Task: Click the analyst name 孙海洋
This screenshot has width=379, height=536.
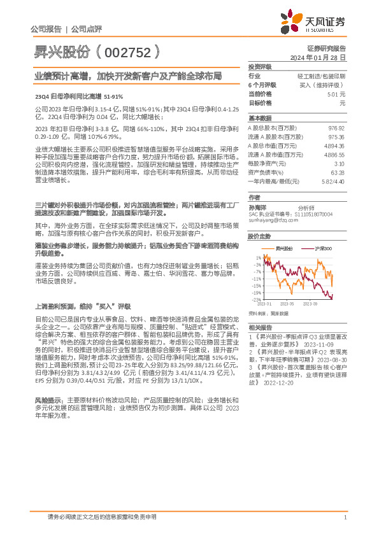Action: (x=257, y=207)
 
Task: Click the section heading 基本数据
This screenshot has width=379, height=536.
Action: (x=259, y=118)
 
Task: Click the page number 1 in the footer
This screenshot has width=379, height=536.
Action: (x=344, y=516)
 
